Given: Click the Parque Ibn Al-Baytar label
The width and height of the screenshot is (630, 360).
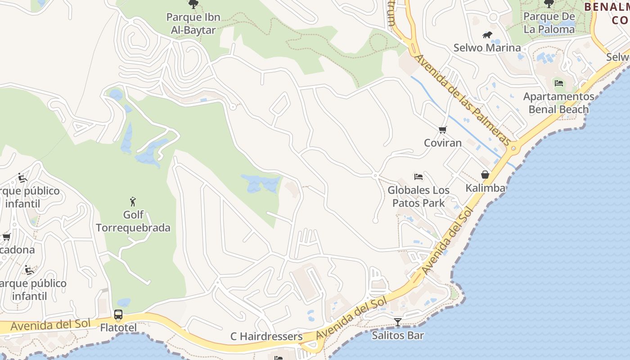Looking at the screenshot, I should click(x=193, y=24).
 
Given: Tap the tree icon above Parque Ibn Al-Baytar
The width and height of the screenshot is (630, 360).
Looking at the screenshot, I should click(x=193, y=5).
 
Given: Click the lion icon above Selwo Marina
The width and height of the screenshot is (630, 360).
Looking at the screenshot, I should click(x=487, y=35).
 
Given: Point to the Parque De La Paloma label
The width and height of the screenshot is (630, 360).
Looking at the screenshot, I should click(x=549, y=23).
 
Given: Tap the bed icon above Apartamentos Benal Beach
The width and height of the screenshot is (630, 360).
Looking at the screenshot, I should click(x=559, y=83).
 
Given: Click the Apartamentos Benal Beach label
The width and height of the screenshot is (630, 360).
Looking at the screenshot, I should click(x=558, y=103).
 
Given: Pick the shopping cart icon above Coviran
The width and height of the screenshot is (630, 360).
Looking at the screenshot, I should click(x=443, y=130).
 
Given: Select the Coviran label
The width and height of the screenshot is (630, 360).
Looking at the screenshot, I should click(x=443, y=143).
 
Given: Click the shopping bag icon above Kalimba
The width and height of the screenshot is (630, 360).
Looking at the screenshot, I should click(x=485, y=175).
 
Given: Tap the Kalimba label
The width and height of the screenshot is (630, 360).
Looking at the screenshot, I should click(x=485, y=188).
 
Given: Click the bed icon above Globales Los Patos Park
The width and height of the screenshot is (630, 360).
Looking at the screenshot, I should click(x=418, y=177).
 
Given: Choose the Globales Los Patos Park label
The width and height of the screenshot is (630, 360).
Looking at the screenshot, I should click(x=418, y=197).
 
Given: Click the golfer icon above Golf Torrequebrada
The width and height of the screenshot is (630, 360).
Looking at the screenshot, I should click(x=133, y=201).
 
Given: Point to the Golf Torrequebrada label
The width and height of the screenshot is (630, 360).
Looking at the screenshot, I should click(x=133, y=221).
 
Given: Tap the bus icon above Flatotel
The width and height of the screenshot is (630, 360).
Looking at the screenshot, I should click(x=118, y=315).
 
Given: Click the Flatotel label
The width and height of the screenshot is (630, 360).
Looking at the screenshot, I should click(x=118, y=327).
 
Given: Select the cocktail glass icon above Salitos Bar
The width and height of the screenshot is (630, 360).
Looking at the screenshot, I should click(x=398, y=322).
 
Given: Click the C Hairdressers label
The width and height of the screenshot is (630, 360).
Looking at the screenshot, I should click(x=266, y=336).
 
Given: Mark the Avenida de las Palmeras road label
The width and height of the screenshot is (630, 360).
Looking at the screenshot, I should click(x=463, y=100).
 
